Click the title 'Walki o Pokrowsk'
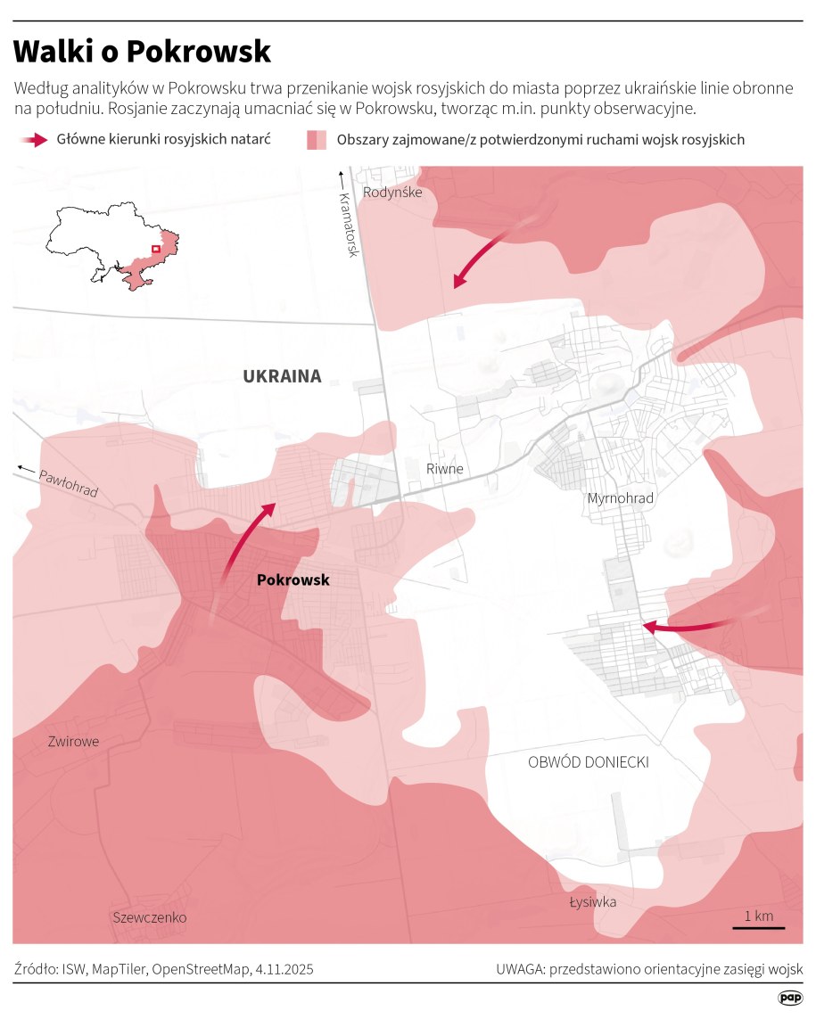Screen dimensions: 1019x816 click(142, 52)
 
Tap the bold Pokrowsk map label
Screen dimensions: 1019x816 click(293, 580)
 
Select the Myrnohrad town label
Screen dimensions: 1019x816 click(620, 498)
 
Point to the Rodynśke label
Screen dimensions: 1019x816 click(392, 192)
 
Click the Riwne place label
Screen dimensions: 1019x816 click(445, 470)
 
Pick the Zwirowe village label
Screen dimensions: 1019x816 click(73, 742)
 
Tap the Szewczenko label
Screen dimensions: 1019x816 click(150, 917)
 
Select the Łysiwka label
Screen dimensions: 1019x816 click(593, 902)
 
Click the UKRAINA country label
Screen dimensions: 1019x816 click(282, 376)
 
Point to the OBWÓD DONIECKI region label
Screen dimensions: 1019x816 click(588, 762)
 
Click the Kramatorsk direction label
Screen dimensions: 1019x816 click(348, 223)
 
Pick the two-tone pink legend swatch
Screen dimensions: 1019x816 click(317, 140)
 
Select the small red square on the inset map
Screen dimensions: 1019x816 click(155, 250)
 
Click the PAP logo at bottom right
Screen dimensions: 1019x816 click(789, 998)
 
